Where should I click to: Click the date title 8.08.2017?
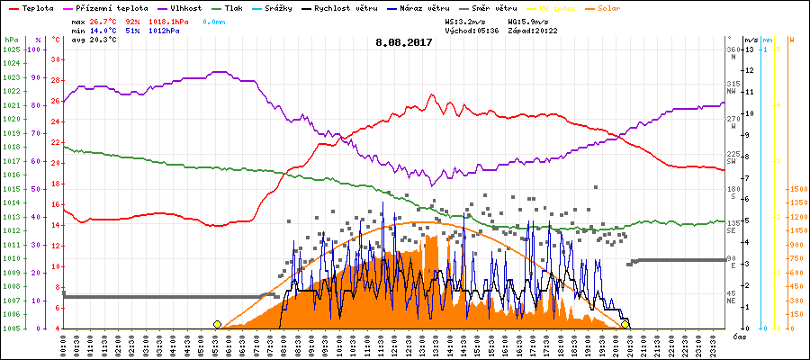pos(405,41)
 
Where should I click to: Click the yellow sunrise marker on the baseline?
pos(217,324)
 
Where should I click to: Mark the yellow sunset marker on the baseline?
pos(625,324)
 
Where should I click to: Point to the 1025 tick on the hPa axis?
pos(11,49)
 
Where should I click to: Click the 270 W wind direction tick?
pos(733,122)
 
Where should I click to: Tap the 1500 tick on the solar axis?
pos(797,189)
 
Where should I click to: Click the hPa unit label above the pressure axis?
pos(11,40)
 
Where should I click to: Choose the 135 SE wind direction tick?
pos(733,226)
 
